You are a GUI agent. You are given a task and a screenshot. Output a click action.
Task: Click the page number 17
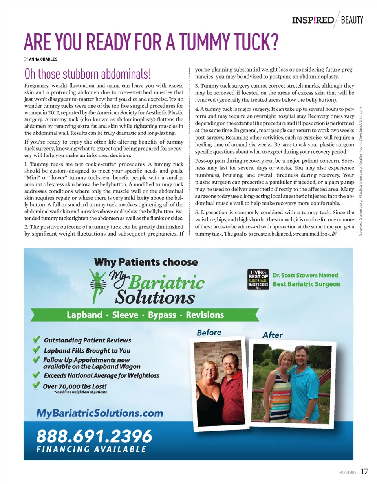pyautogui.click(x=365, y=471)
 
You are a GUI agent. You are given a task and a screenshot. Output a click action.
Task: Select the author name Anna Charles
pyautogui.click(x=43, y=59)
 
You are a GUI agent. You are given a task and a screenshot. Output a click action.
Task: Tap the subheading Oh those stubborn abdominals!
pyautogui.click(x=88, y=74)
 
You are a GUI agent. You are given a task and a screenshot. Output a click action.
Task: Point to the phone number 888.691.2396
pyautogui.click(x=94, y=435)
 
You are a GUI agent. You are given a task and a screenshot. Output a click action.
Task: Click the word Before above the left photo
pyautogui.click(x=209, y=333)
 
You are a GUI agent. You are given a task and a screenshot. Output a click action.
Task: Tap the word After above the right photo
pyautogui.click(x=272, y=335)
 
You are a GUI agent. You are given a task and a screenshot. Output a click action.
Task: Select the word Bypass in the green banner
pyautogui.click(x=161, y=315)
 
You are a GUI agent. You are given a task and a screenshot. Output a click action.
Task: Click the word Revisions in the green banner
pyautogui.click(x=205, y=315)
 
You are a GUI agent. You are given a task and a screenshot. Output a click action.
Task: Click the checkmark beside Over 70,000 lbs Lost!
pyautogui.click(x=36, y=385)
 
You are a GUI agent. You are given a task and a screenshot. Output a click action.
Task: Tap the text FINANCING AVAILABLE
pyautogui.click(x=92, y=449)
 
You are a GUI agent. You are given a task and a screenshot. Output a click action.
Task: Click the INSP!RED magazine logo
pyautogui.click(x=313, y=20)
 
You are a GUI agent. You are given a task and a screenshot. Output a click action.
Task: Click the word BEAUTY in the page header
pyautogui.click(x=352, y=20)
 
